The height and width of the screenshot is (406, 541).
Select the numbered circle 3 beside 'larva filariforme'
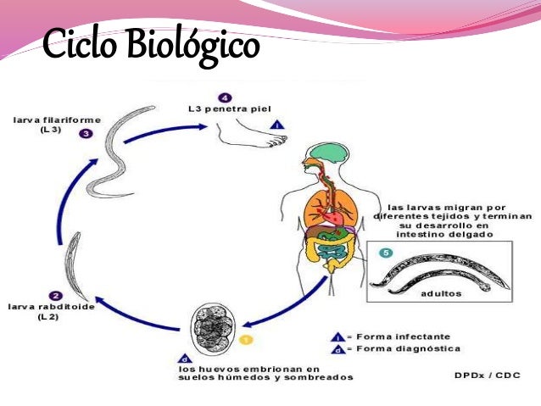pyautogui.click(x=85, y=134)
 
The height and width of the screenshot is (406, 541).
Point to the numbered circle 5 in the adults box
pyautogui.click(x=386, y=252)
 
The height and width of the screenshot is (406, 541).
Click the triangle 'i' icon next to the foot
pyautogui.click(x=277, y=125)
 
